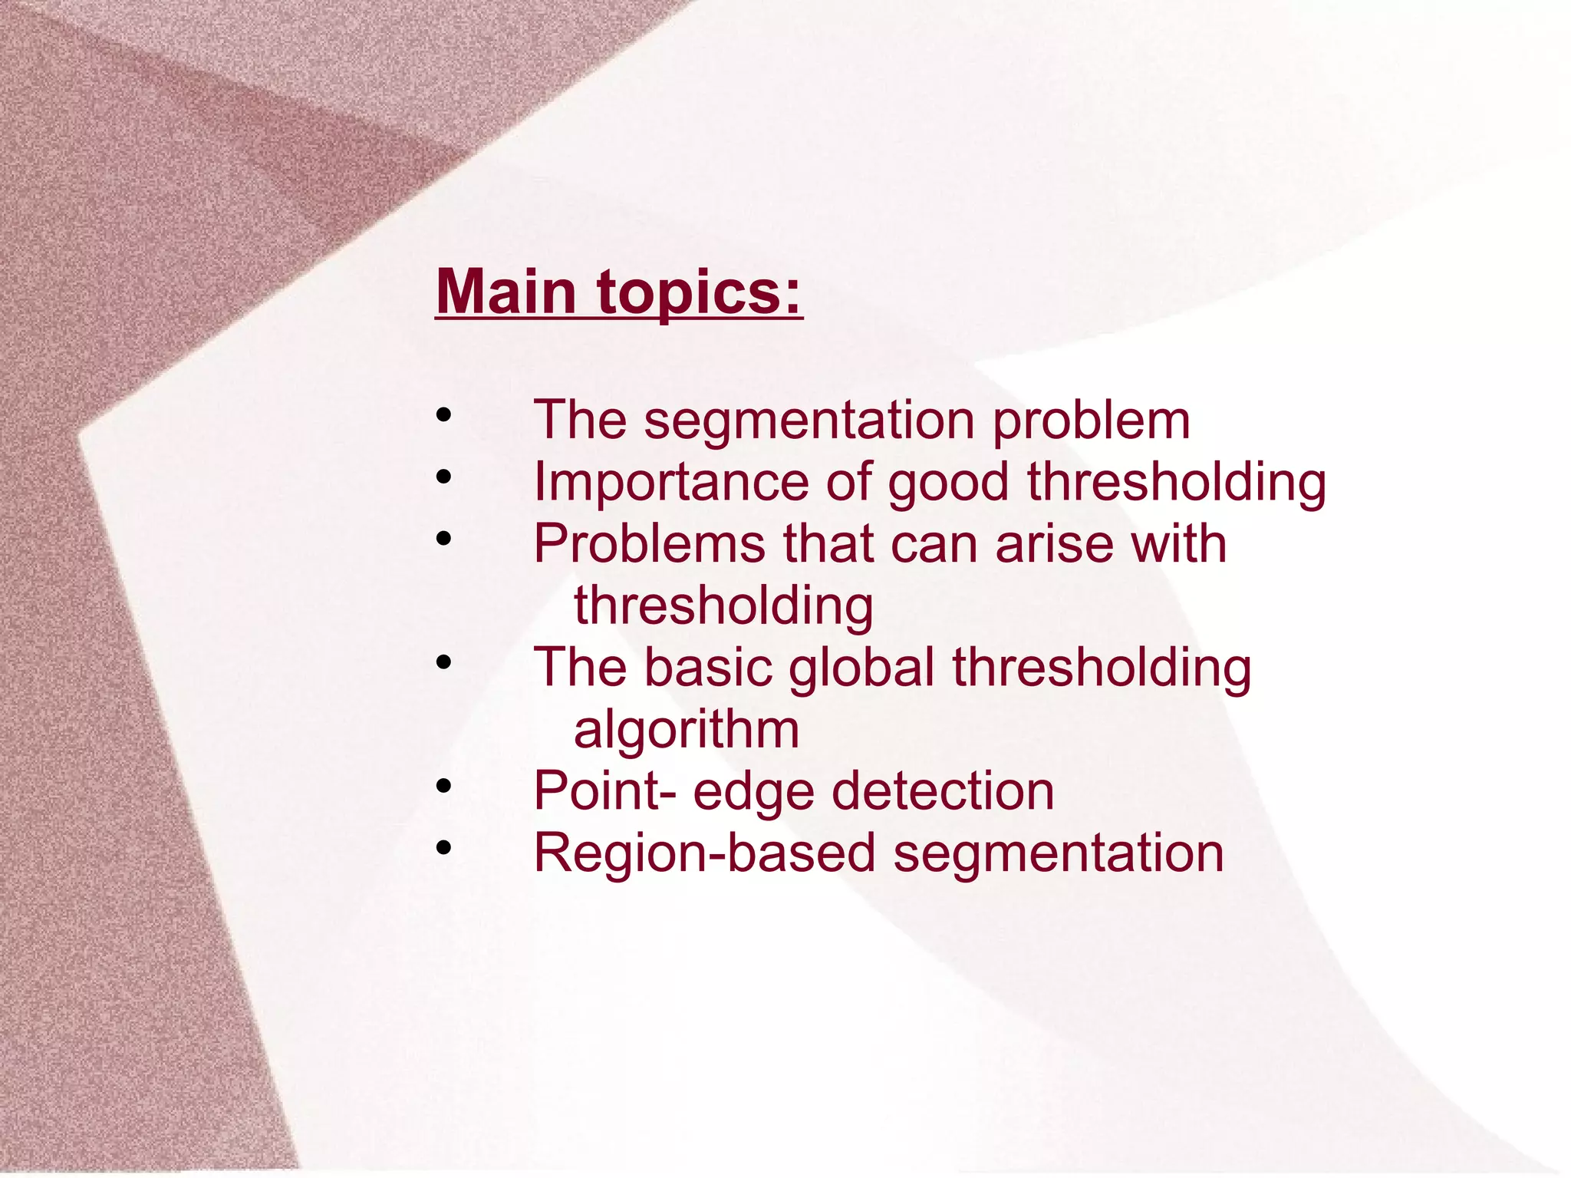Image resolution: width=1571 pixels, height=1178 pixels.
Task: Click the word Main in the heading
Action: (x=506, y=292)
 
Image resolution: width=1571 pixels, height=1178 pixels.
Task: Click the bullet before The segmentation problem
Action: (x=443, y=415)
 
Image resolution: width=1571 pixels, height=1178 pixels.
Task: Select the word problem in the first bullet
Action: (x=1091, y=422)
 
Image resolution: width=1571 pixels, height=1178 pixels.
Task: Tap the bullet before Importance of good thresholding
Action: (x=443, y=477)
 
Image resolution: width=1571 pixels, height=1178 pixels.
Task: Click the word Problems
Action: (x=649, y=544)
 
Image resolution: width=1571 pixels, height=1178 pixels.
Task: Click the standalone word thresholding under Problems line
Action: (x=723, y=606)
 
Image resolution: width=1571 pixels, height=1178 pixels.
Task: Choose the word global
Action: (x=861, y=668)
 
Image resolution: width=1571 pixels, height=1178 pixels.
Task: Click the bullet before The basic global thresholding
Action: (x=443, y=662)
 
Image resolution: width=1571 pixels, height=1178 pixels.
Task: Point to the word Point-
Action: (x=605, y=791)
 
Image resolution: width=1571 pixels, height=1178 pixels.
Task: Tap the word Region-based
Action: (x=704, y=853)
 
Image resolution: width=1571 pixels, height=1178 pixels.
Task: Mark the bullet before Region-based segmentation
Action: (x=443, y=847)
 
